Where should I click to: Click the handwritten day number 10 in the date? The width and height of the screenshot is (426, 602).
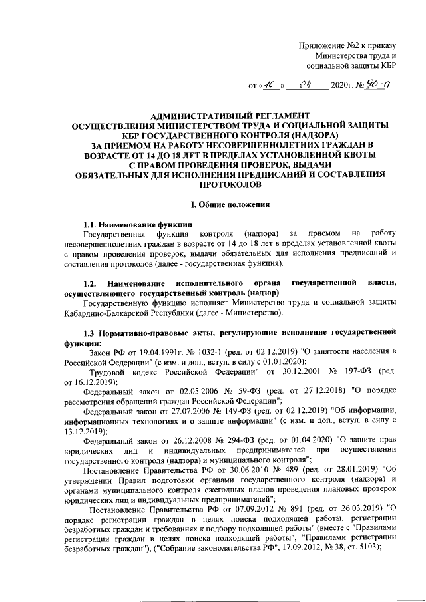tap(270, 85)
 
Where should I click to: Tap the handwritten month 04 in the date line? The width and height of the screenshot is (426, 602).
tap(306, 84)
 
